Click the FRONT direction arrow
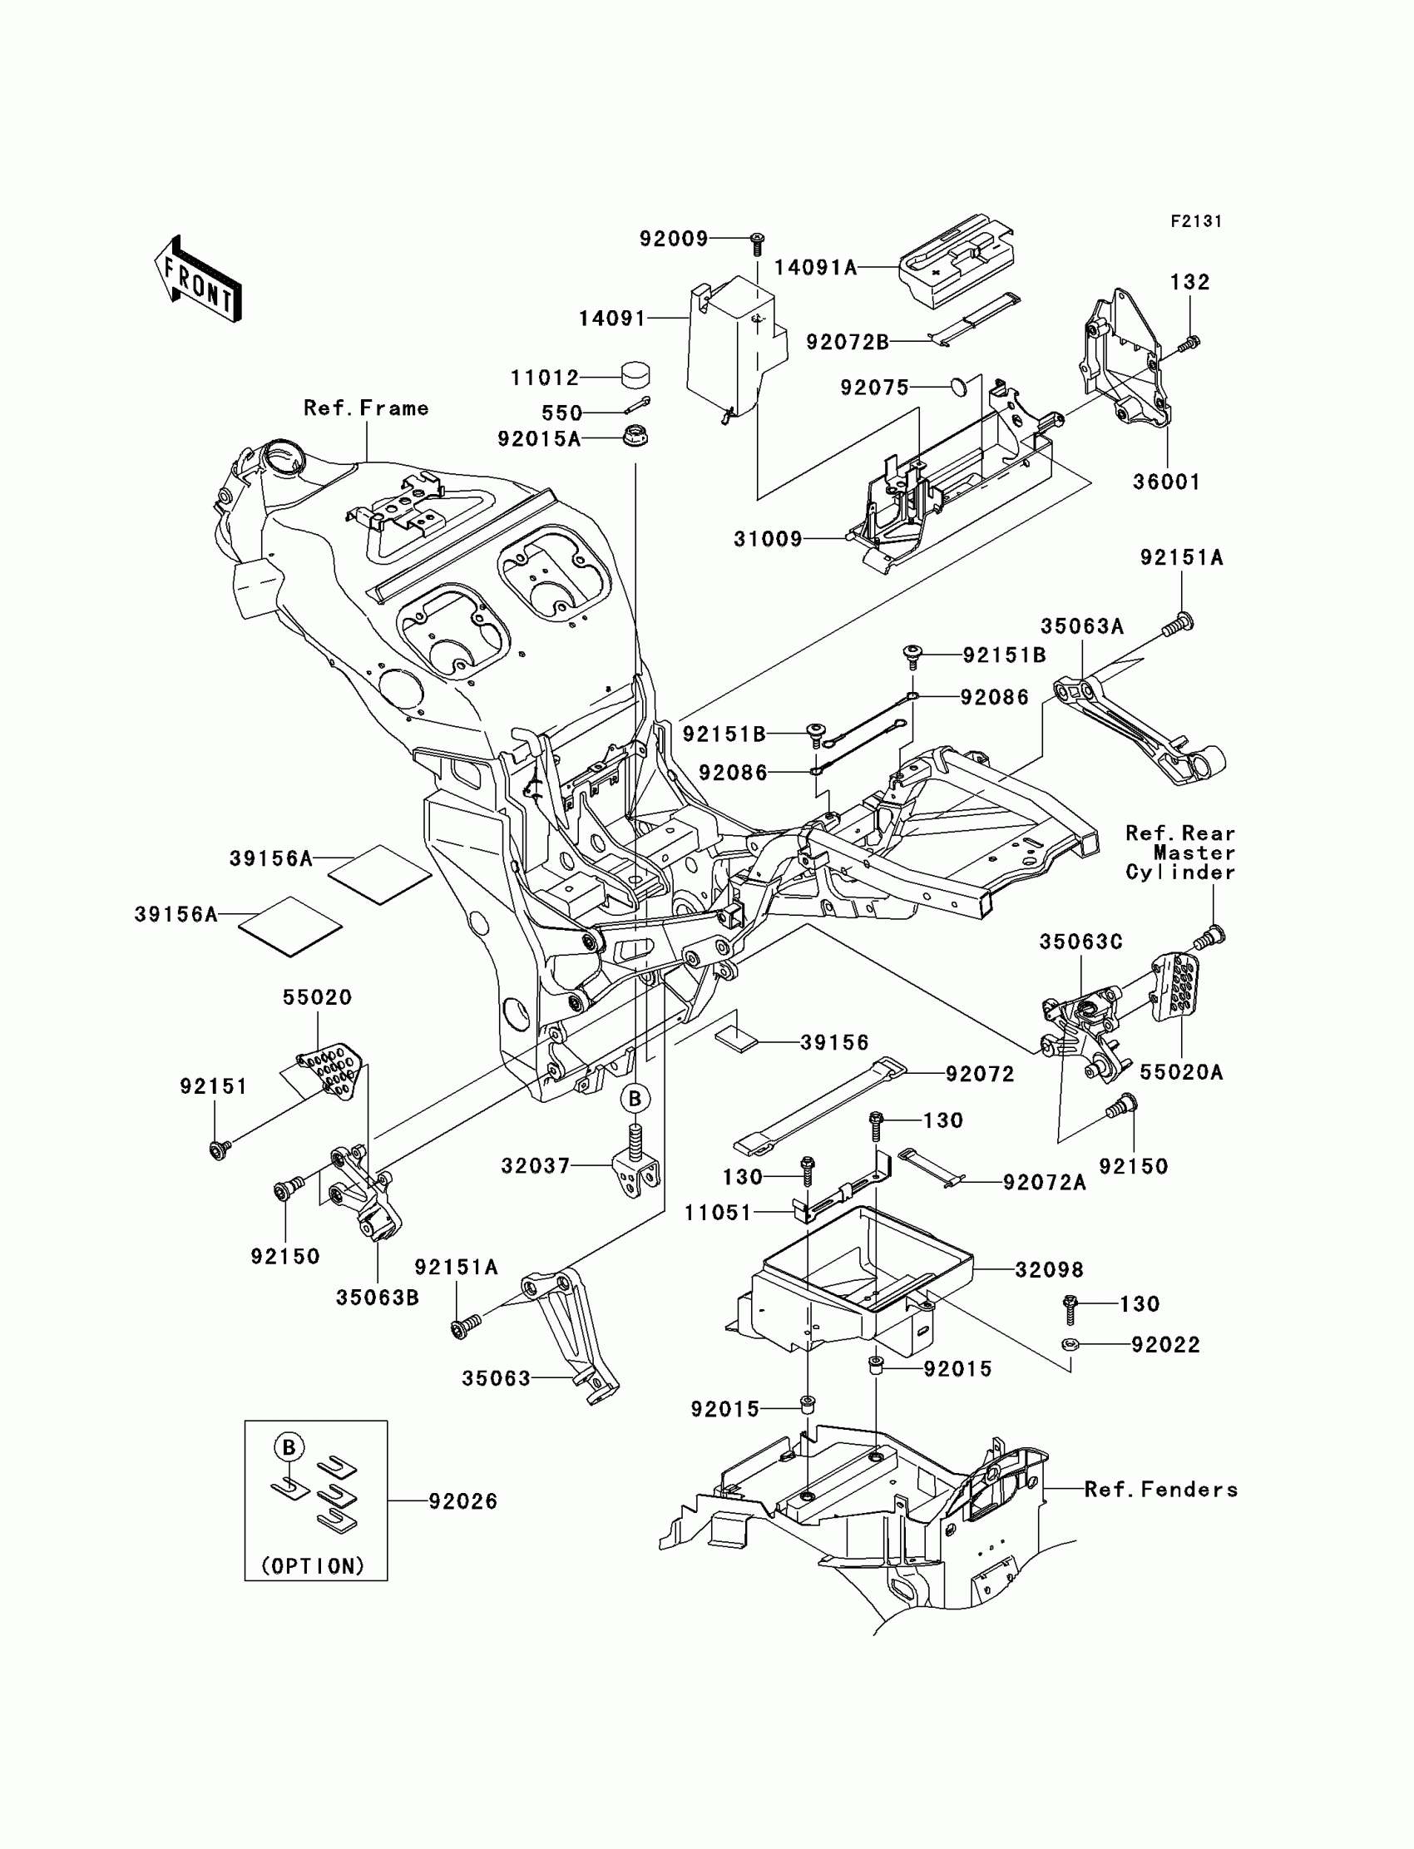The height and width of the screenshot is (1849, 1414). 198,279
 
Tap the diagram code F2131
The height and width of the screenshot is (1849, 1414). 1196,221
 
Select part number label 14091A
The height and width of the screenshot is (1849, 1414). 816,268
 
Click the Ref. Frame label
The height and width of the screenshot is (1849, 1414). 366,408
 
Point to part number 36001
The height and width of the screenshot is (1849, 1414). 1166,482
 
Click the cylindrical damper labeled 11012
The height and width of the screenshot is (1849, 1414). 635,373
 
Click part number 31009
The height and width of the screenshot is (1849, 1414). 769,540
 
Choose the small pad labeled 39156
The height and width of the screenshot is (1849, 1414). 736,1038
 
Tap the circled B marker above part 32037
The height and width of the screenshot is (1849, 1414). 635,1098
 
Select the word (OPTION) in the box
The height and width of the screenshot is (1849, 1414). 313,1566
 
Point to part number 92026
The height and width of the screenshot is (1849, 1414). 463,1501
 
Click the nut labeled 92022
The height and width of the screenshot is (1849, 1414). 1069,1343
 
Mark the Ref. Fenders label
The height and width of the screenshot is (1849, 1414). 1161,1490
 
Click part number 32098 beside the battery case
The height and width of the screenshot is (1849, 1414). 1049,1270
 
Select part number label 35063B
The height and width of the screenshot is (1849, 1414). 377,1298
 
